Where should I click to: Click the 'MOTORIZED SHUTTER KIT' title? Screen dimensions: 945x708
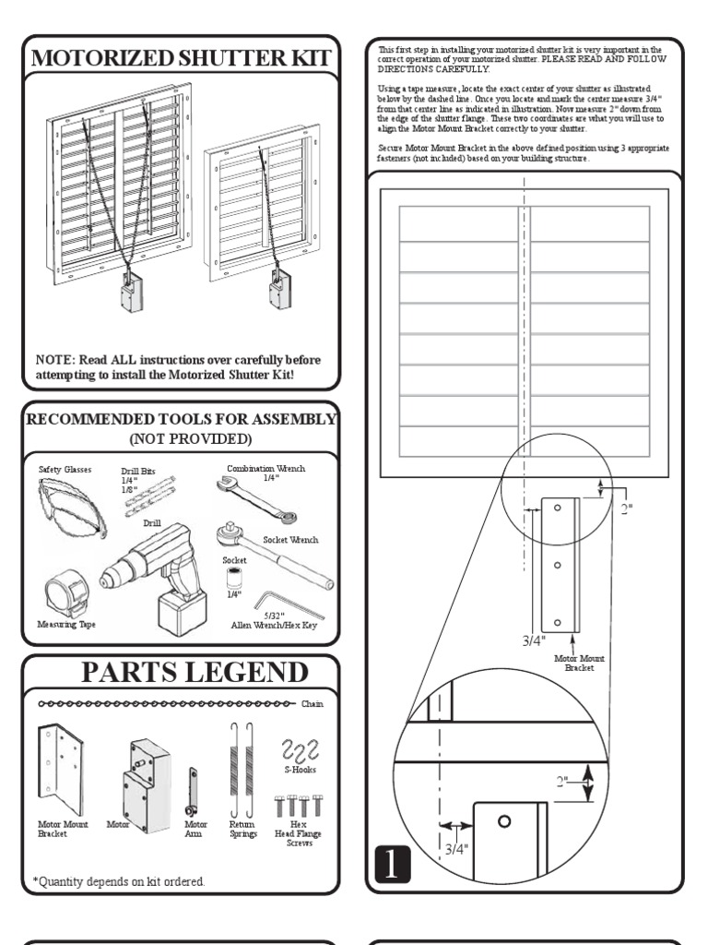coord(181,58)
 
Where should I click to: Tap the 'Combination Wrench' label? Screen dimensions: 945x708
coord(265,469)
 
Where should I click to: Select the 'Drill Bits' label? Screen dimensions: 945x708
coord(138,471)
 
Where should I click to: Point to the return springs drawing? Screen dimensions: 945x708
coord(242,766)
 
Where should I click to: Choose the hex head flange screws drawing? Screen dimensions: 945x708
coord(297,805)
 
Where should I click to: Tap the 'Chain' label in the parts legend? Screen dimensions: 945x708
coord(312,704)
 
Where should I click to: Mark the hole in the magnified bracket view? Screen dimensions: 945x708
coord(503,821)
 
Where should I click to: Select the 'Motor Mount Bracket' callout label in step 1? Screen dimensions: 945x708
coord(579,663)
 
